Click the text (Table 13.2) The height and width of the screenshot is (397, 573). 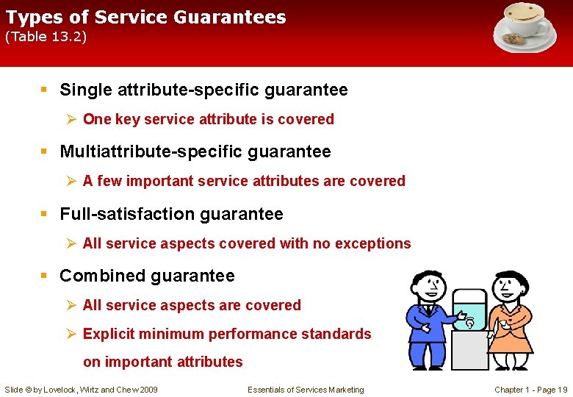(46, 37)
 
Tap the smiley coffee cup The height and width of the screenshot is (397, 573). (526, 19)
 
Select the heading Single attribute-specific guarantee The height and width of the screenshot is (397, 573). (203, 90)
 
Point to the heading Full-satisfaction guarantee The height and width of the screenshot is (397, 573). (171, 214)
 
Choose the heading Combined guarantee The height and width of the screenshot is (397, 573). (147, 276)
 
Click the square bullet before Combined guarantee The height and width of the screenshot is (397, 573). (44, 276)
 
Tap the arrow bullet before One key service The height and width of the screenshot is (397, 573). (71, 119)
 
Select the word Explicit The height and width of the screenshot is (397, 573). (109, 334)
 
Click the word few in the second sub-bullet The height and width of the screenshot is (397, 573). (110, 181)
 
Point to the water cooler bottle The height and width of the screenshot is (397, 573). (469, 308)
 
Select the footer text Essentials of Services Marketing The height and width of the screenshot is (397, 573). (306, 390)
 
